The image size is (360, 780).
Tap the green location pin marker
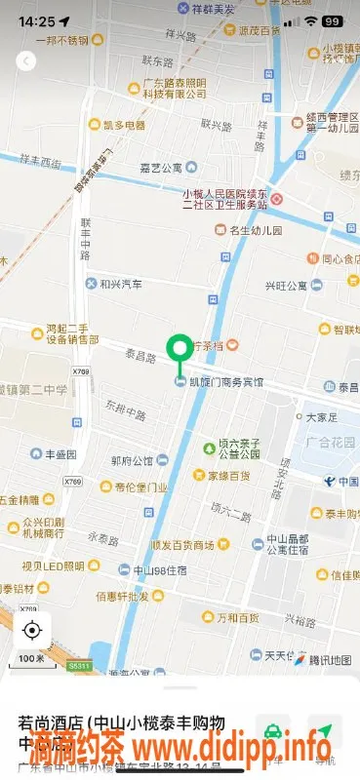click(x=180, y=350)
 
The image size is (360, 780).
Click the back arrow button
click(x=26, y=61)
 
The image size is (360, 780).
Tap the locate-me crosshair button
click(x=32, y=629)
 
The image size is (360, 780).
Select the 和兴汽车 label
click(x=120, y=284)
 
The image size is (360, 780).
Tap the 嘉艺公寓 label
click(x=161, y=167)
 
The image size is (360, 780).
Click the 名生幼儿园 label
click(x=254, y=231)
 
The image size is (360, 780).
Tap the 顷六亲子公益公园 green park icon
click(x=209, y=448)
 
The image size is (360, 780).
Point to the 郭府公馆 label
click(x=132, y=460)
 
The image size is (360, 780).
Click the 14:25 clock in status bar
click(x=36, y=20)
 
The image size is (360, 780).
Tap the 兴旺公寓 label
click(x=286, y=286)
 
